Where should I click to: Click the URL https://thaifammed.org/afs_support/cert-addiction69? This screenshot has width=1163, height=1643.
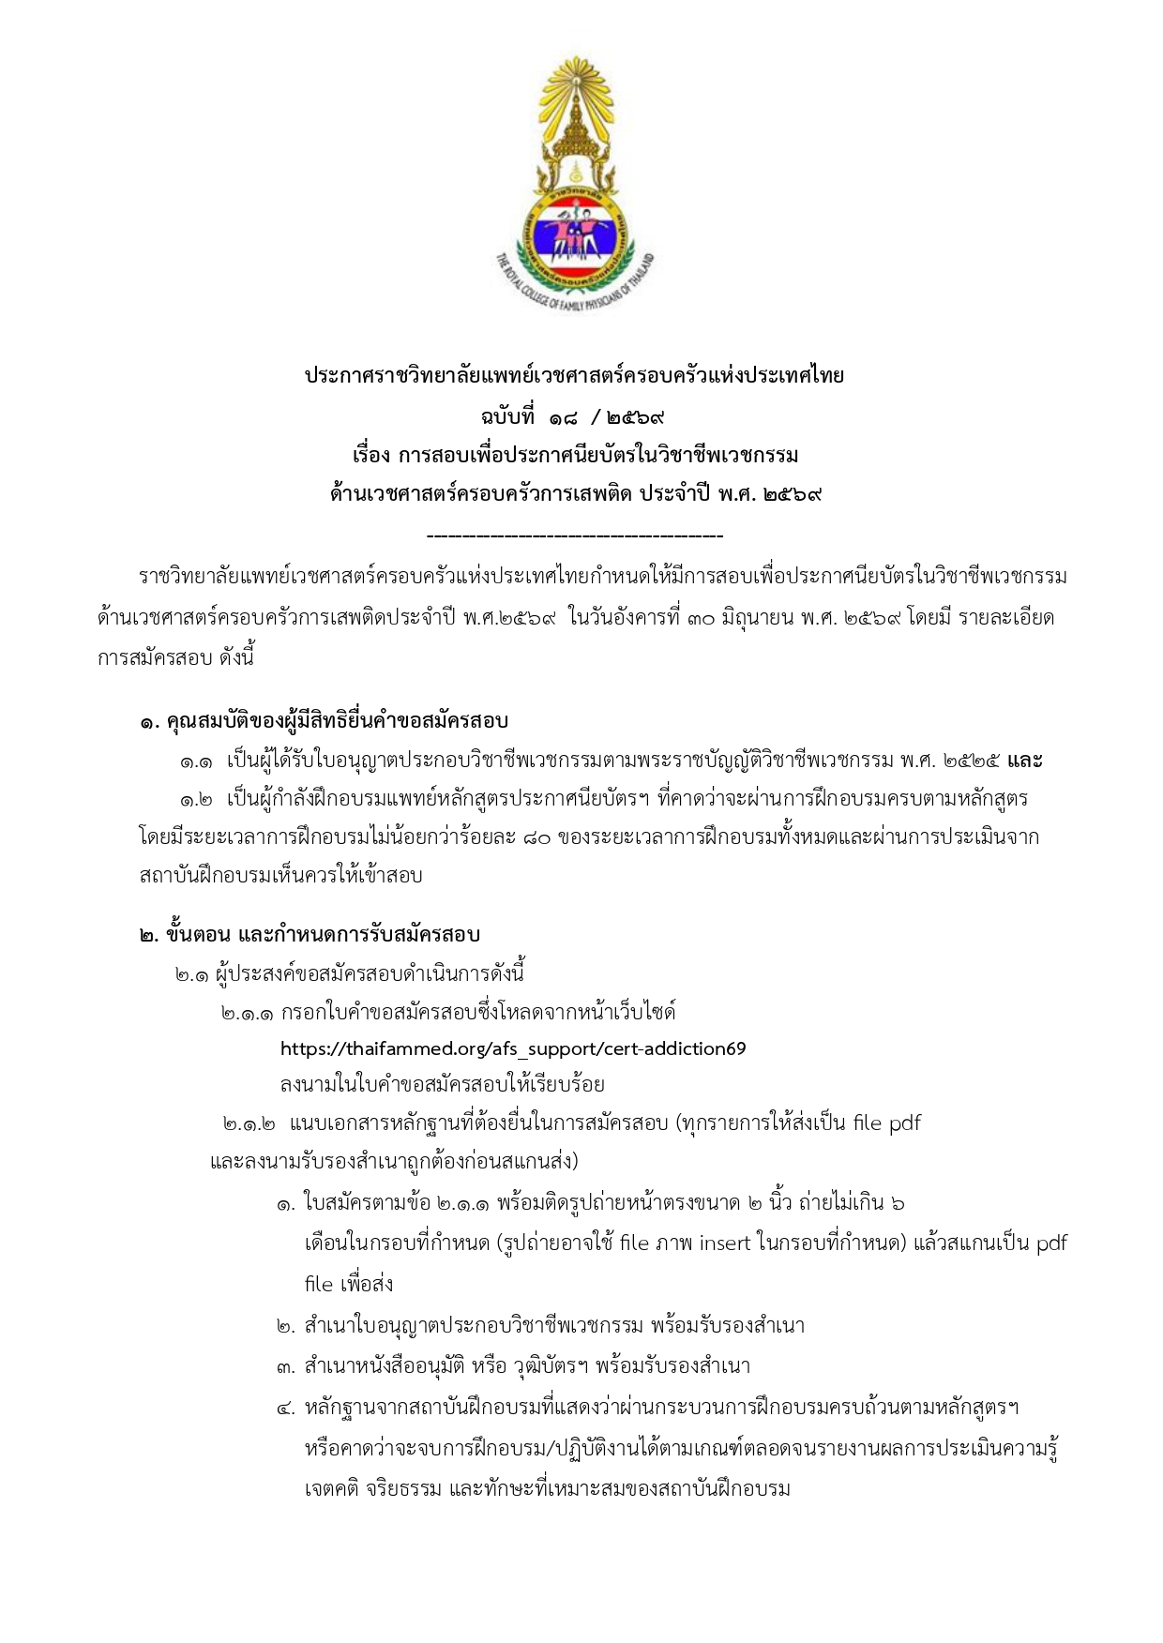coord(513,1048)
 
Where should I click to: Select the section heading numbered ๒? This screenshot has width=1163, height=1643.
coord(310,935)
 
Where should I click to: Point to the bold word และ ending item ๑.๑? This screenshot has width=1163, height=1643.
coord(1024,761)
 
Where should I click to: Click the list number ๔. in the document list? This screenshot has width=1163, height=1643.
coord(286,1409)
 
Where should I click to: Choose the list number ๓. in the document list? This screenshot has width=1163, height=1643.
coord(286,1367)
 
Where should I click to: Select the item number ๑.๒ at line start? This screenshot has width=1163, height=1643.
coord(197,800)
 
